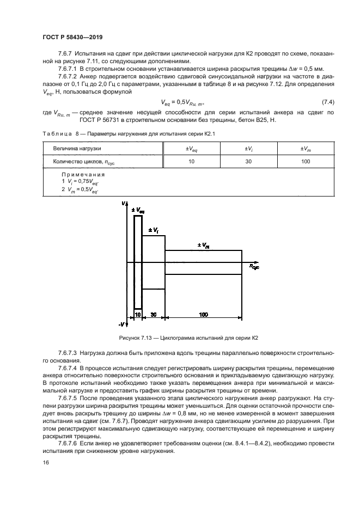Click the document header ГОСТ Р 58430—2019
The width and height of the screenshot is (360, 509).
(x=72, y=37)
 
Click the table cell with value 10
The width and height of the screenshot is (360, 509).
(x=192, y=162)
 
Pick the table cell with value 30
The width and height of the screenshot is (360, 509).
(x=247, y=162)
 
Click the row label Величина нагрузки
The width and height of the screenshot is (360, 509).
(x=77, y=148)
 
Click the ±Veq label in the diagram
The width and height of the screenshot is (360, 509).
(x=138, y=209)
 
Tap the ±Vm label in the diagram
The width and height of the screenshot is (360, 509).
(x=204, y=246)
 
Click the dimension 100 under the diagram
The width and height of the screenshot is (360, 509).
(x=204, y=315)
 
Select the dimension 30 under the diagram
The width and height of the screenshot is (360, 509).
(x=154, y=315)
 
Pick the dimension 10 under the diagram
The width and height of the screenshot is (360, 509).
(x=138, y=315)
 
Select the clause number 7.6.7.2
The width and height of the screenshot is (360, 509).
(x=69, y=77)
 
